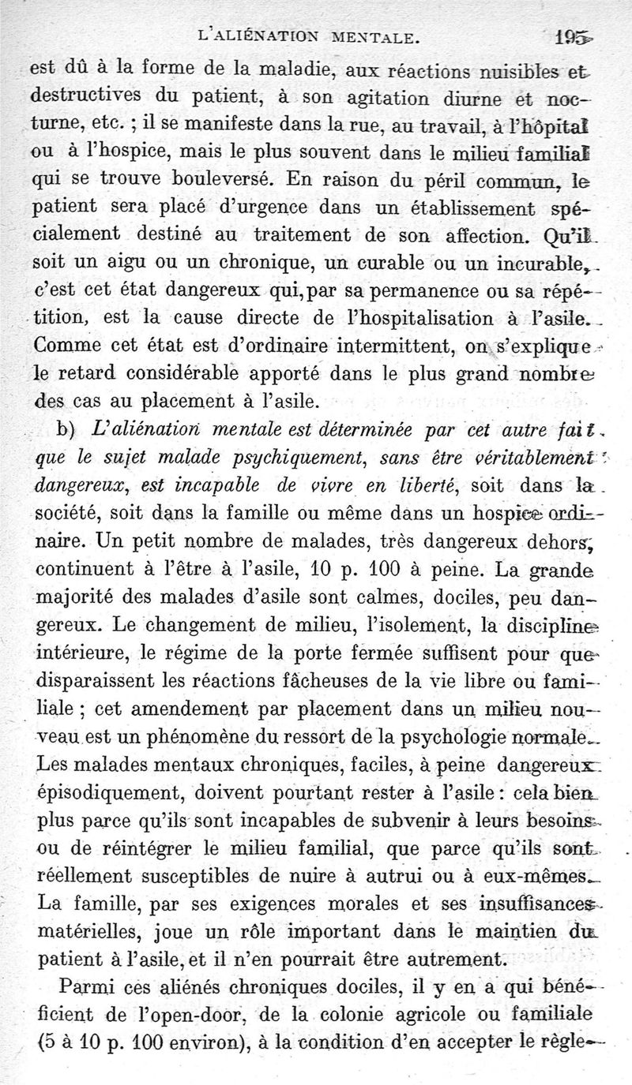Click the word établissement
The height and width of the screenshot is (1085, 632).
[x=465, y=208]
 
